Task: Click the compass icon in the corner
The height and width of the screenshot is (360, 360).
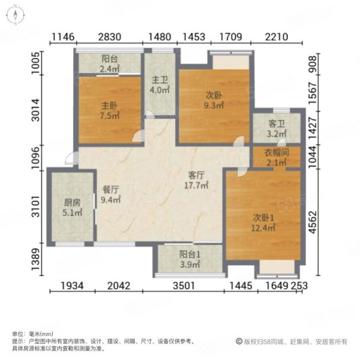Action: [x=16, y=14]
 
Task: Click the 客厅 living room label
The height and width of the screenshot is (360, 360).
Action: [x=196, y=175]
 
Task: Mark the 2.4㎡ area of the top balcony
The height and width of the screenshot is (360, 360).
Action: [x=110, y=69]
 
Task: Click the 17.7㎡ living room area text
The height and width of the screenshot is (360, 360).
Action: [x=196, y=185]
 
